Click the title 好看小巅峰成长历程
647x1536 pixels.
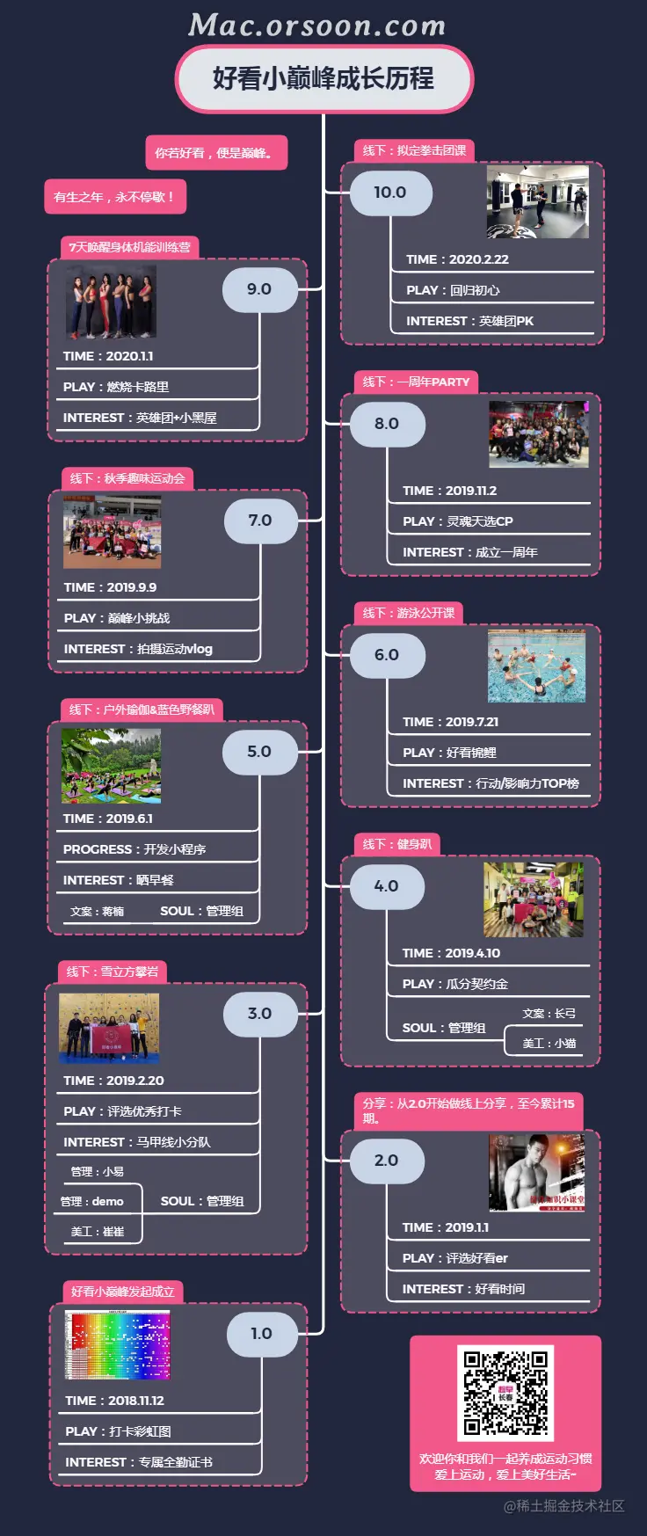(x=323, y=78)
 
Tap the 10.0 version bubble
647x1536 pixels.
(x=389, y=193)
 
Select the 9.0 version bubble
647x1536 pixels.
(x=258, y=289)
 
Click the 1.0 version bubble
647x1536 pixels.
(x=261, y=1333)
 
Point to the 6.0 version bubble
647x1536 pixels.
(x=386, y=655)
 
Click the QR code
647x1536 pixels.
(x=505, y=1393)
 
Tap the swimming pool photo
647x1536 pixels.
(x=536, y=667)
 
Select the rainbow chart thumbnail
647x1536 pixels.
(x=118, y=1346)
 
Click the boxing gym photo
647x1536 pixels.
(x=537, y=203)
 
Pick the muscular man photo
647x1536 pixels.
(x=536, y=1173)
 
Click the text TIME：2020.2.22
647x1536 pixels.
(x=457, y=259)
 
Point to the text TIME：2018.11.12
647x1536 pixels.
(x=114, y=1401)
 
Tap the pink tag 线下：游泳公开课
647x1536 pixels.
(x=409, y=613)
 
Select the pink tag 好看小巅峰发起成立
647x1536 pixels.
(x=122, y=1292)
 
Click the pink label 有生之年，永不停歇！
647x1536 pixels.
(x=114, y=197)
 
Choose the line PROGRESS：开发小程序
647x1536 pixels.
(x=134, y=849)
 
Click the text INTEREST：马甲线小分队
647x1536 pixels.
(x=137, y=1142)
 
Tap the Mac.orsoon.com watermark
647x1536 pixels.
(x=316, y=25)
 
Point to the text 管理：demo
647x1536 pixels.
(x=91, y=1201)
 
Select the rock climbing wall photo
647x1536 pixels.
(x=109, y=1027)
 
